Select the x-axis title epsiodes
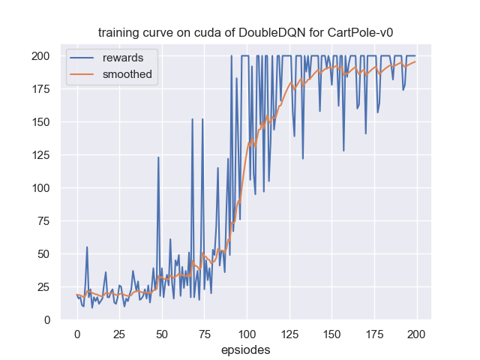[246, 349]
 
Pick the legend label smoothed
[127, 73]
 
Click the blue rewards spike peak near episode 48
[158, 157]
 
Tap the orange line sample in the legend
[84, 73]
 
